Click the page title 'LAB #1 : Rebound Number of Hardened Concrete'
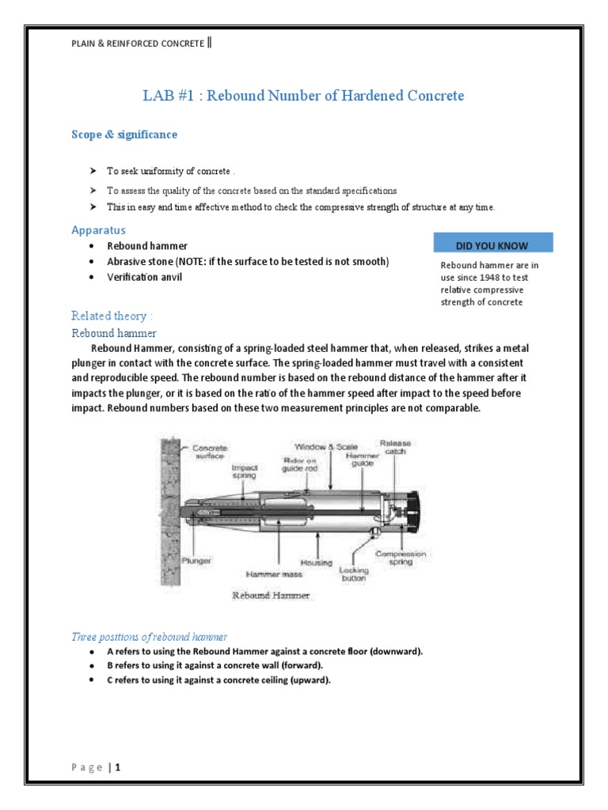304,96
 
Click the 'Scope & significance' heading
124,134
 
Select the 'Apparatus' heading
98,230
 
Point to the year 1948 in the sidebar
498,278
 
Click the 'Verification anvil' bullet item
145,278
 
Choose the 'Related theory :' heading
112,316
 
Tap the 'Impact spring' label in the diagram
244,471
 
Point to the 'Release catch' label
395,447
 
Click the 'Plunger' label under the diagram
196,560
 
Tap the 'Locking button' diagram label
353,573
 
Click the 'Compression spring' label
401,558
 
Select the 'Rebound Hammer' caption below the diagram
270,596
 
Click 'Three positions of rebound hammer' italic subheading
150,637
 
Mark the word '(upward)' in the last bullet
310,679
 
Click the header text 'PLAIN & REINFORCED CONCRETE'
139,43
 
